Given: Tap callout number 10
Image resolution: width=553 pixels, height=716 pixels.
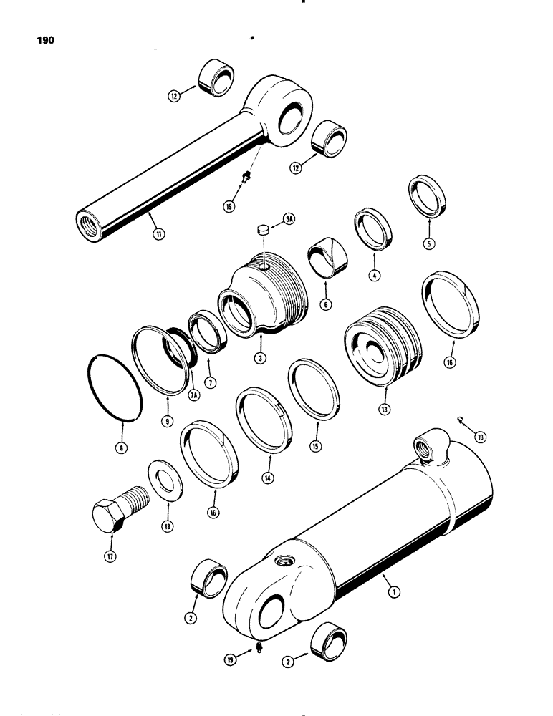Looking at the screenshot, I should coord(480,435).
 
